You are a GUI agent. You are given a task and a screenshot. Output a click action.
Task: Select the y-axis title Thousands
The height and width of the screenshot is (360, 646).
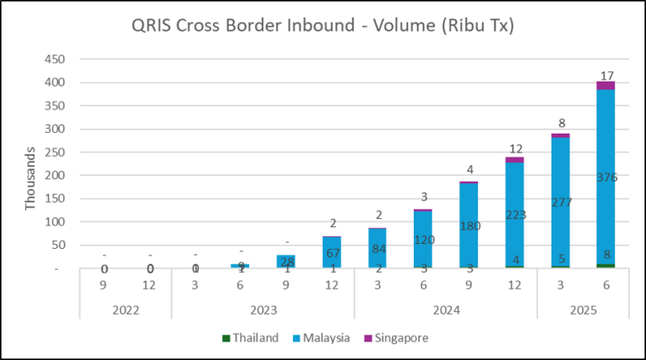(31, 180)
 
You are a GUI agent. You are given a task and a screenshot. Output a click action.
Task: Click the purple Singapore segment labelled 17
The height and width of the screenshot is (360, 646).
(606, 85)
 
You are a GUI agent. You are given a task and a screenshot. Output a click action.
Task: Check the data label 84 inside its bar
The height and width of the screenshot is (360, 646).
(378, 248)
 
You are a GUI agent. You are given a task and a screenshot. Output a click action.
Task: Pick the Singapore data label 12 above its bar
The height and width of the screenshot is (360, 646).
(515, 148)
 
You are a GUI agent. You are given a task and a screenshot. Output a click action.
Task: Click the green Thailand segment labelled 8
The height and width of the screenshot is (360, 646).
(606, 266)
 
